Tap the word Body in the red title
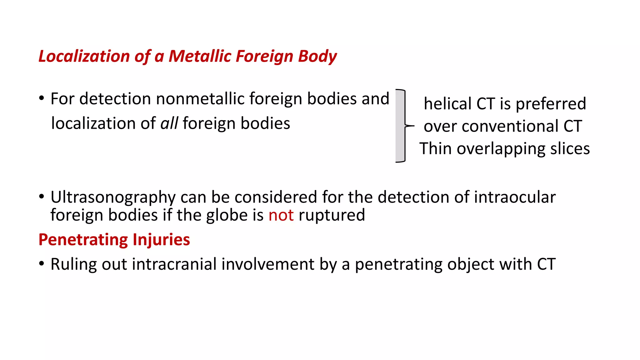pyautogui.click(x=317, y=57)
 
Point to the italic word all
pyautogui.click(x=169, y=123)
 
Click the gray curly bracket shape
pyautogui.click(x=400, y=126)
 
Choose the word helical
pyautogui.click(x=447, y=104)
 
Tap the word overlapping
pyautogui.click(x=501, y=149)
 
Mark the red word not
pyautogui.click(x=281, y=215)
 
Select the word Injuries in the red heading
pyautogui.click(x=161, y=240)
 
